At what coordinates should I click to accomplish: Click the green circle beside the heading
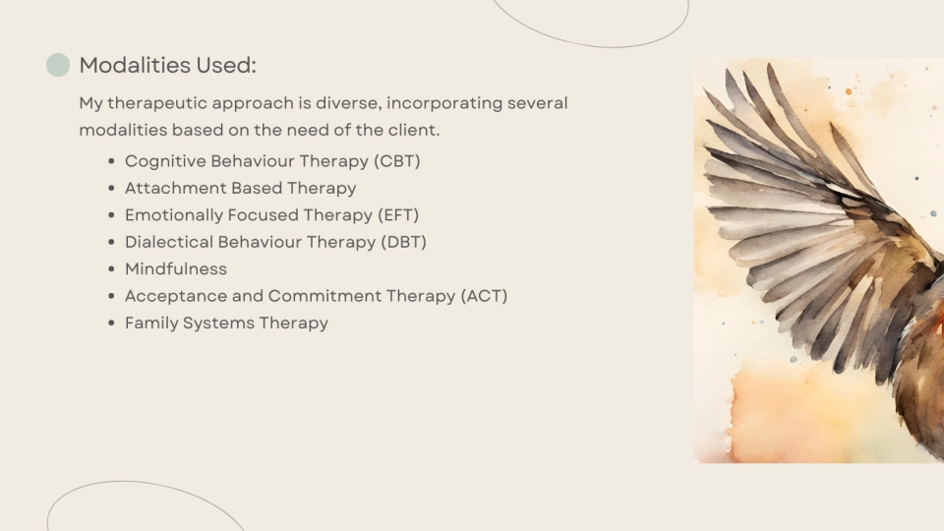tap(58, 65)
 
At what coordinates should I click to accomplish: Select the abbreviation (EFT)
tap(398, 215)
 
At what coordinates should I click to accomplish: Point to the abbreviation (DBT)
tap(403, 242)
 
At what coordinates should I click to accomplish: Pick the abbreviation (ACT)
tap(484, 296)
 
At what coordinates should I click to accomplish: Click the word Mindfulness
tap(176, 269)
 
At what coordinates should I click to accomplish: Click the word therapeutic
tap(157, 103)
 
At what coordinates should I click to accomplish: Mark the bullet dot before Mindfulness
tap(111, 269)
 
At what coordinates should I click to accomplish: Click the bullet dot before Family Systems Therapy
tap(111, 324)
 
